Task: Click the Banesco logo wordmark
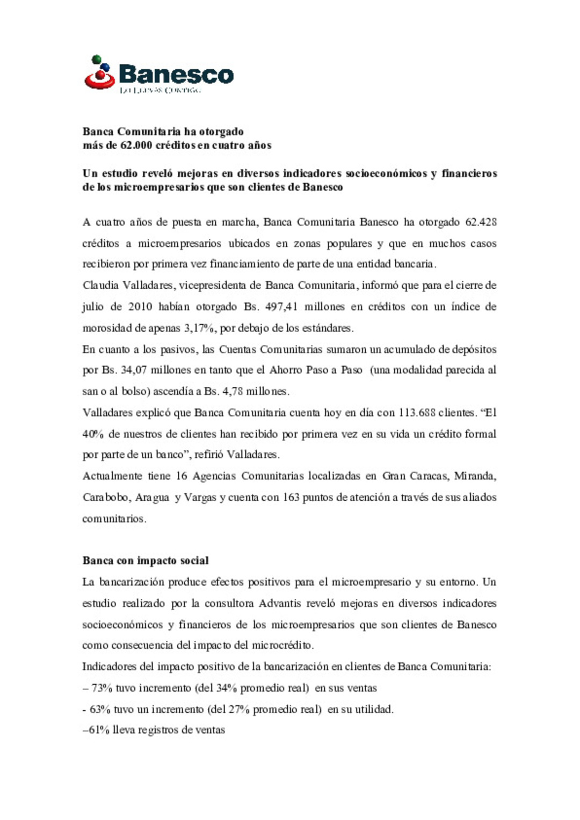(176, 74)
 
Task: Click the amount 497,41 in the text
(281, 307)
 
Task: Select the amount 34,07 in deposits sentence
(132, 370)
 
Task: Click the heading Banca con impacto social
(146, 561)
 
